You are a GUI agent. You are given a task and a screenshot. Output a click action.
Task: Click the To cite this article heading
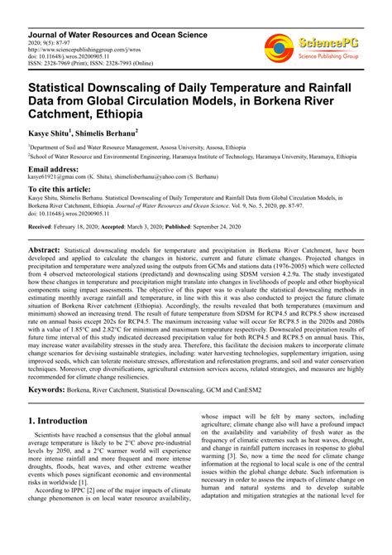[x=66, y=189]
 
